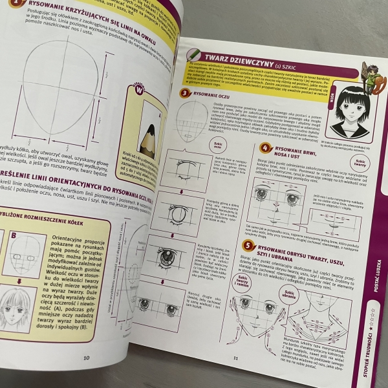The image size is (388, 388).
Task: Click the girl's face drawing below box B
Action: coord(21,310)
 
